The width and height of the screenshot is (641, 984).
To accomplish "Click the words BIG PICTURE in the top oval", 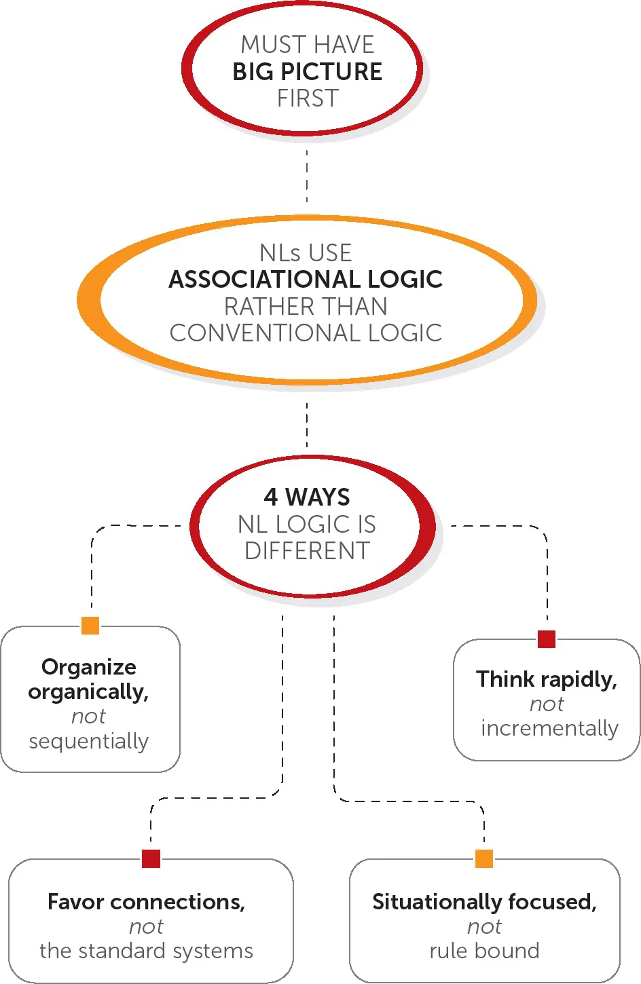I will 307,71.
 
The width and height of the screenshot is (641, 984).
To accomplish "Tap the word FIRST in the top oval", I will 308,98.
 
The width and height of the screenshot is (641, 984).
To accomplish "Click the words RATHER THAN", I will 306,306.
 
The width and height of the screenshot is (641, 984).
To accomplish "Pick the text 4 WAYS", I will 307,497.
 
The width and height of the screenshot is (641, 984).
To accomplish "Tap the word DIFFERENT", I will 307,550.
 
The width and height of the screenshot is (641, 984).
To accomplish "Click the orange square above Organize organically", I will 90,625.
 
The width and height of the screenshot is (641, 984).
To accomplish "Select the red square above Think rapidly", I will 547,639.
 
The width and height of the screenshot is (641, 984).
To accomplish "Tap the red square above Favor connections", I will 151,858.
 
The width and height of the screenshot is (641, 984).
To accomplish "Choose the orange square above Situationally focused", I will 484,858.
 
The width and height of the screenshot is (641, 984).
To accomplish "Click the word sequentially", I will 88,741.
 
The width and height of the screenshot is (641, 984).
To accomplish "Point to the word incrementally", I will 549,728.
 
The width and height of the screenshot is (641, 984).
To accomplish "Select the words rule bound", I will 484,951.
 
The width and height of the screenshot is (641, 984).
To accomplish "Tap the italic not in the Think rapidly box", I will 547,704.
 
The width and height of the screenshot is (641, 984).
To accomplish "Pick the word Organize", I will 89,667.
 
